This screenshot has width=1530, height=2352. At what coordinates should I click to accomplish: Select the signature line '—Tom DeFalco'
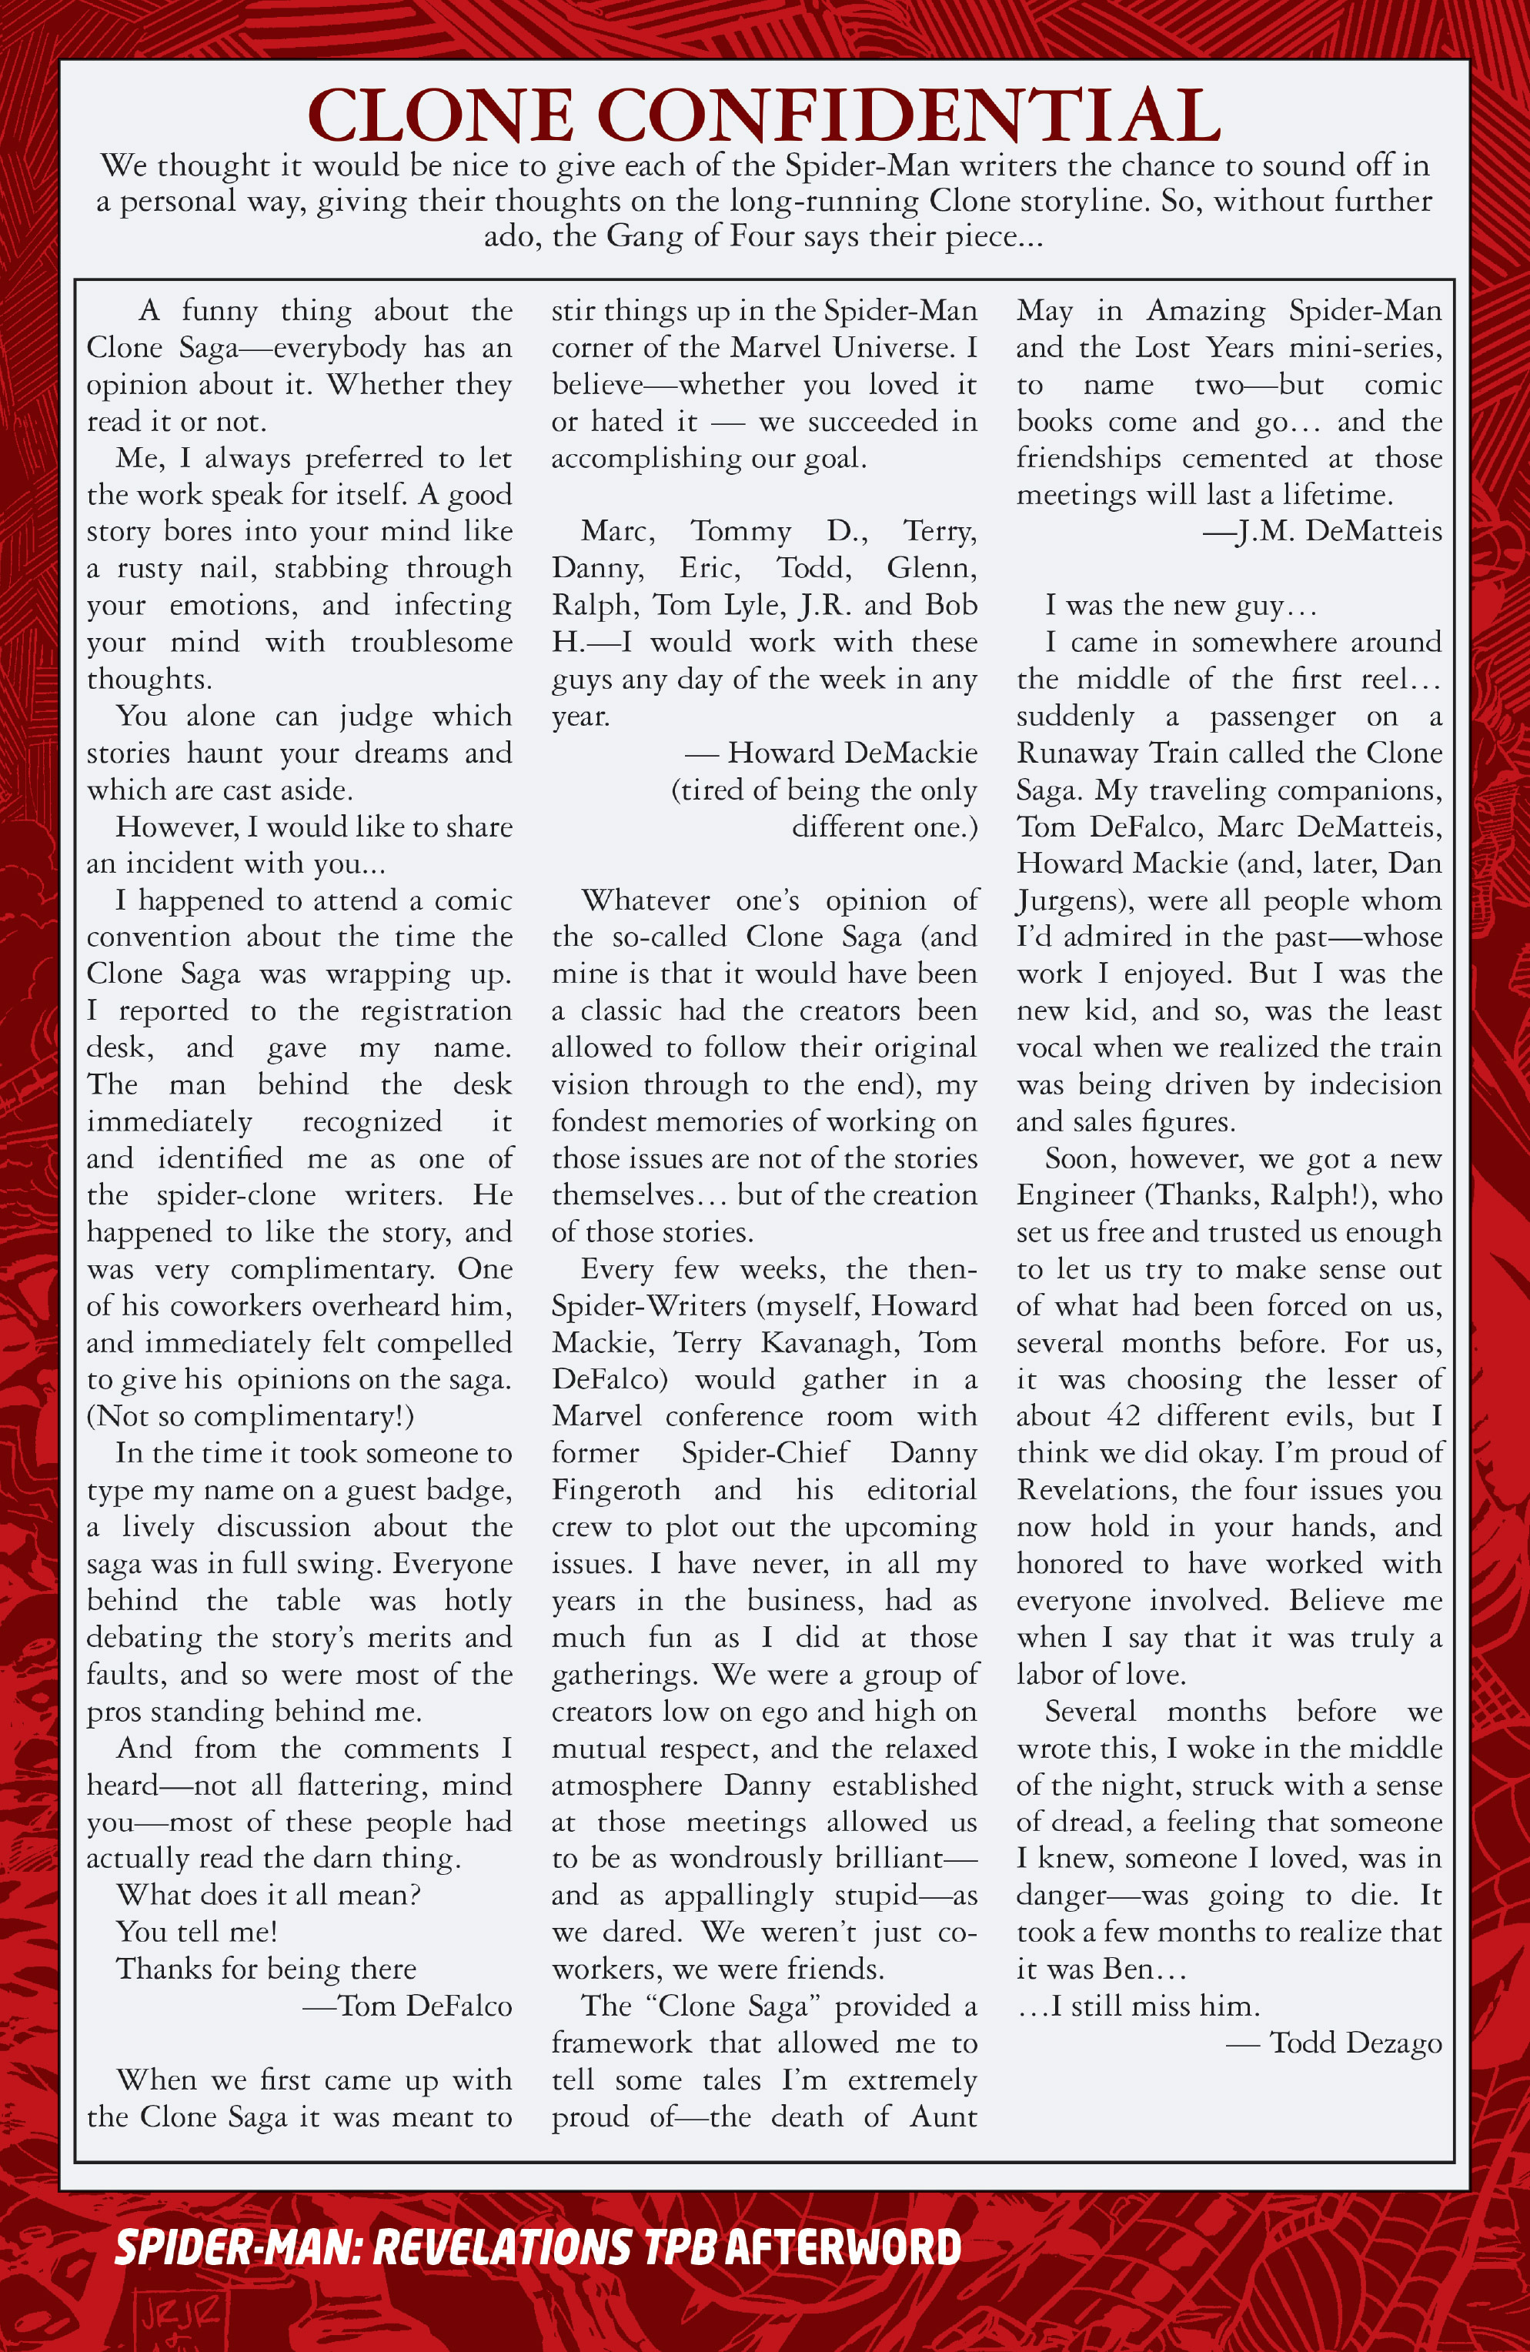pyautogui.click(x=407, y=2006)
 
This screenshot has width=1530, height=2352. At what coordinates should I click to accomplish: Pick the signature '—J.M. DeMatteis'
pyautogui.click(x=1321, y=532)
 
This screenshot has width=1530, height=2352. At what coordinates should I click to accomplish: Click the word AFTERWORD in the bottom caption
pyautogui.click(x=843, y=2247)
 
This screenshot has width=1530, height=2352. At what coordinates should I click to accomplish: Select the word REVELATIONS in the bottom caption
pyautogui.click(x=502, y=2247)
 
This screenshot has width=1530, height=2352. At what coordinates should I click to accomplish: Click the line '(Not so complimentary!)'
pyautogui.click(x=250, y=1417)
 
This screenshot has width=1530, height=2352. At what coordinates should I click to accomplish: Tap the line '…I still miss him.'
pyautogui.click(x=1138, y=2006)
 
